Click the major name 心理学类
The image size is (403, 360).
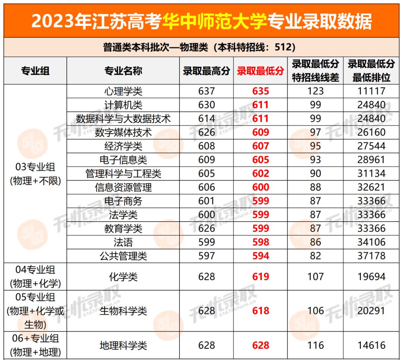[123, 91]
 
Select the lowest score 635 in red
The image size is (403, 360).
[260, 91]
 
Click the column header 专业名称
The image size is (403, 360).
[123, 71]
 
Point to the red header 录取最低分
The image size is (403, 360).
[260, 71]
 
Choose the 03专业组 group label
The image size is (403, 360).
[35, 167]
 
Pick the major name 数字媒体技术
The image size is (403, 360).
[123, 132]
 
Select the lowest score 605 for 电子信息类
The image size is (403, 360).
[260, 160]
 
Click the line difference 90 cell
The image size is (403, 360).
[315, 174]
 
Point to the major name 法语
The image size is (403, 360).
[123, 242]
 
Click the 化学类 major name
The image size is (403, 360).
[123, 277]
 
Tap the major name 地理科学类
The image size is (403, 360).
[123, 345]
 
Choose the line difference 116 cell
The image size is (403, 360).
[315, 345]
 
